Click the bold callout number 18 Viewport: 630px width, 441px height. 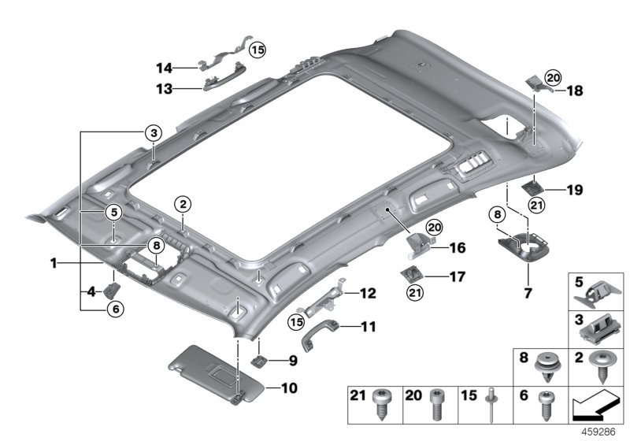click(x=575, y=91)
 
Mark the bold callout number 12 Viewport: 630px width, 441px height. click(x=369, y=293)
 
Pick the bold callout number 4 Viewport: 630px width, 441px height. click(x=91, y=292)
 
